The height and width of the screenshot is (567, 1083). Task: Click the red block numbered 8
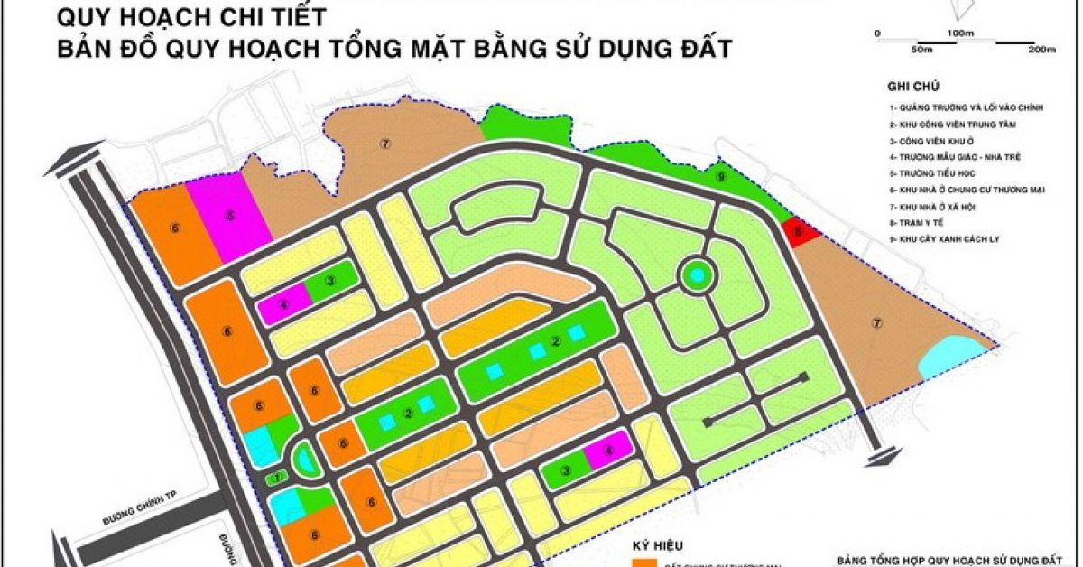point(800,233)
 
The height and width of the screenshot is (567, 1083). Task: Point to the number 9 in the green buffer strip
point(721,177)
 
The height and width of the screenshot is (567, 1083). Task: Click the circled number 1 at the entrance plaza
point(279,477)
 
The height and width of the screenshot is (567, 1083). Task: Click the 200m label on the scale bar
point(1041,50)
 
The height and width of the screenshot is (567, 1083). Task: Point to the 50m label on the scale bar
point(921,50)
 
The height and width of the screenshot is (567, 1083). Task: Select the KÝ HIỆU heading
point(658,545)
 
